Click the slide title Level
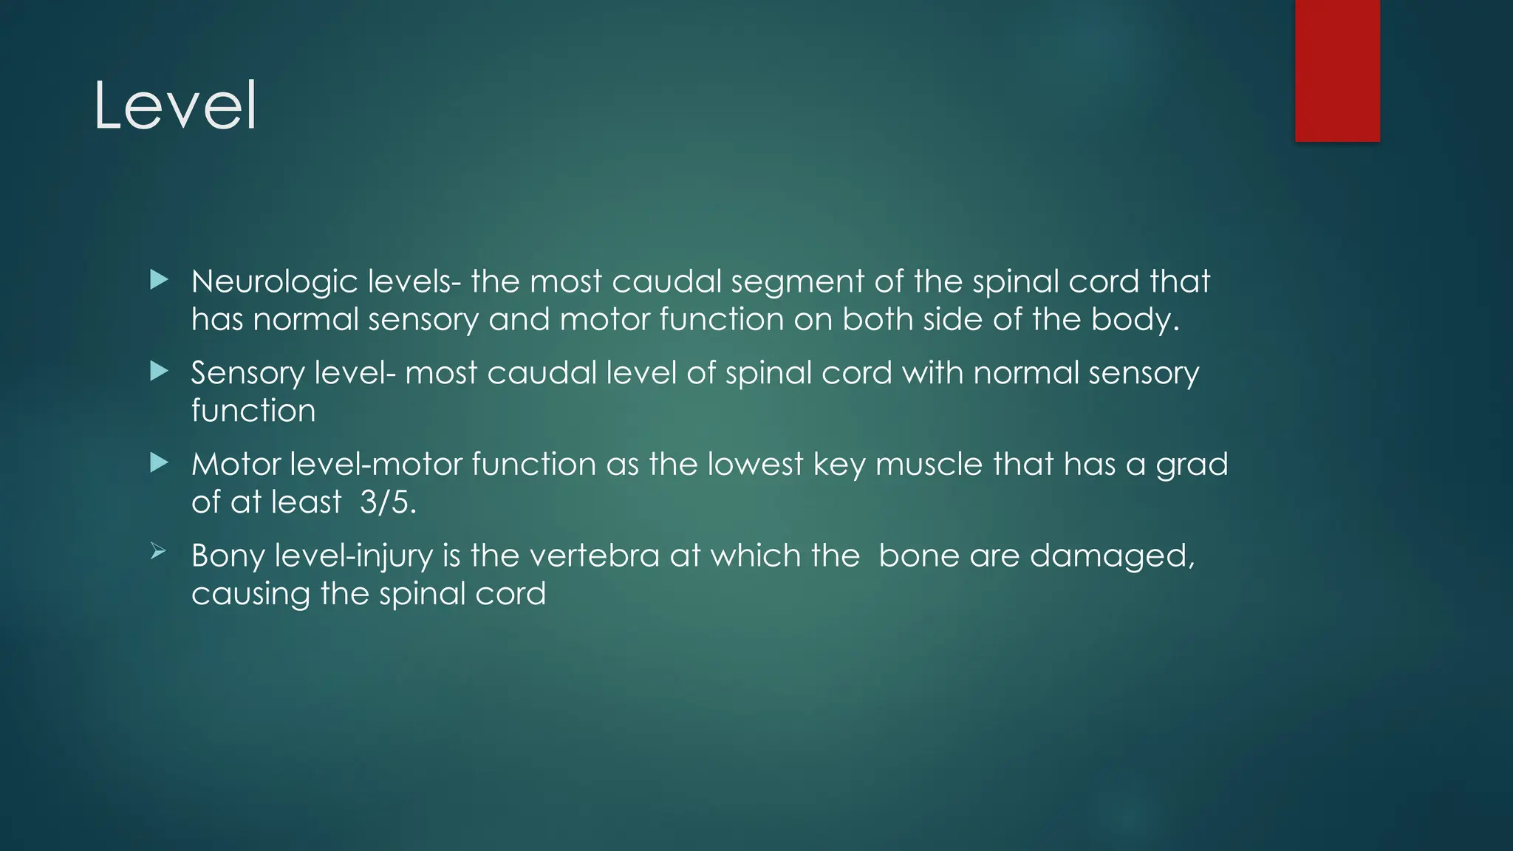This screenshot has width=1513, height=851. click(175, 106)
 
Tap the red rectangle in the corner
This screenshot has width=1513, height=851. click(1337, 70)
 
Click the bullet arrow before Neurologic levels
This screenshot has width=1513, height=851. click(159, 280)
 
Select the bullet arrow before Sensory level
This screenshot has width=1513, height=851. click(159, 371)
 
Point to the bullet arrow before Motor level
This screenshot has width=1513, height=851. click(159, 462)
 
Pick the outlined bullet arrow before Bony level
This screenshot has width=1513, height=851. click(158, 551)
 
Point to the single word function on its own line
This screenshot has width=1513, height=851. click(253, 411)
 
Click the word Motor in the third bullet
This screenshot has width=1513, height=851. click(236, 465)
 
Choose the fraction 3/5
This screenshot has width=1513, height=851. click(388, 502)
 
